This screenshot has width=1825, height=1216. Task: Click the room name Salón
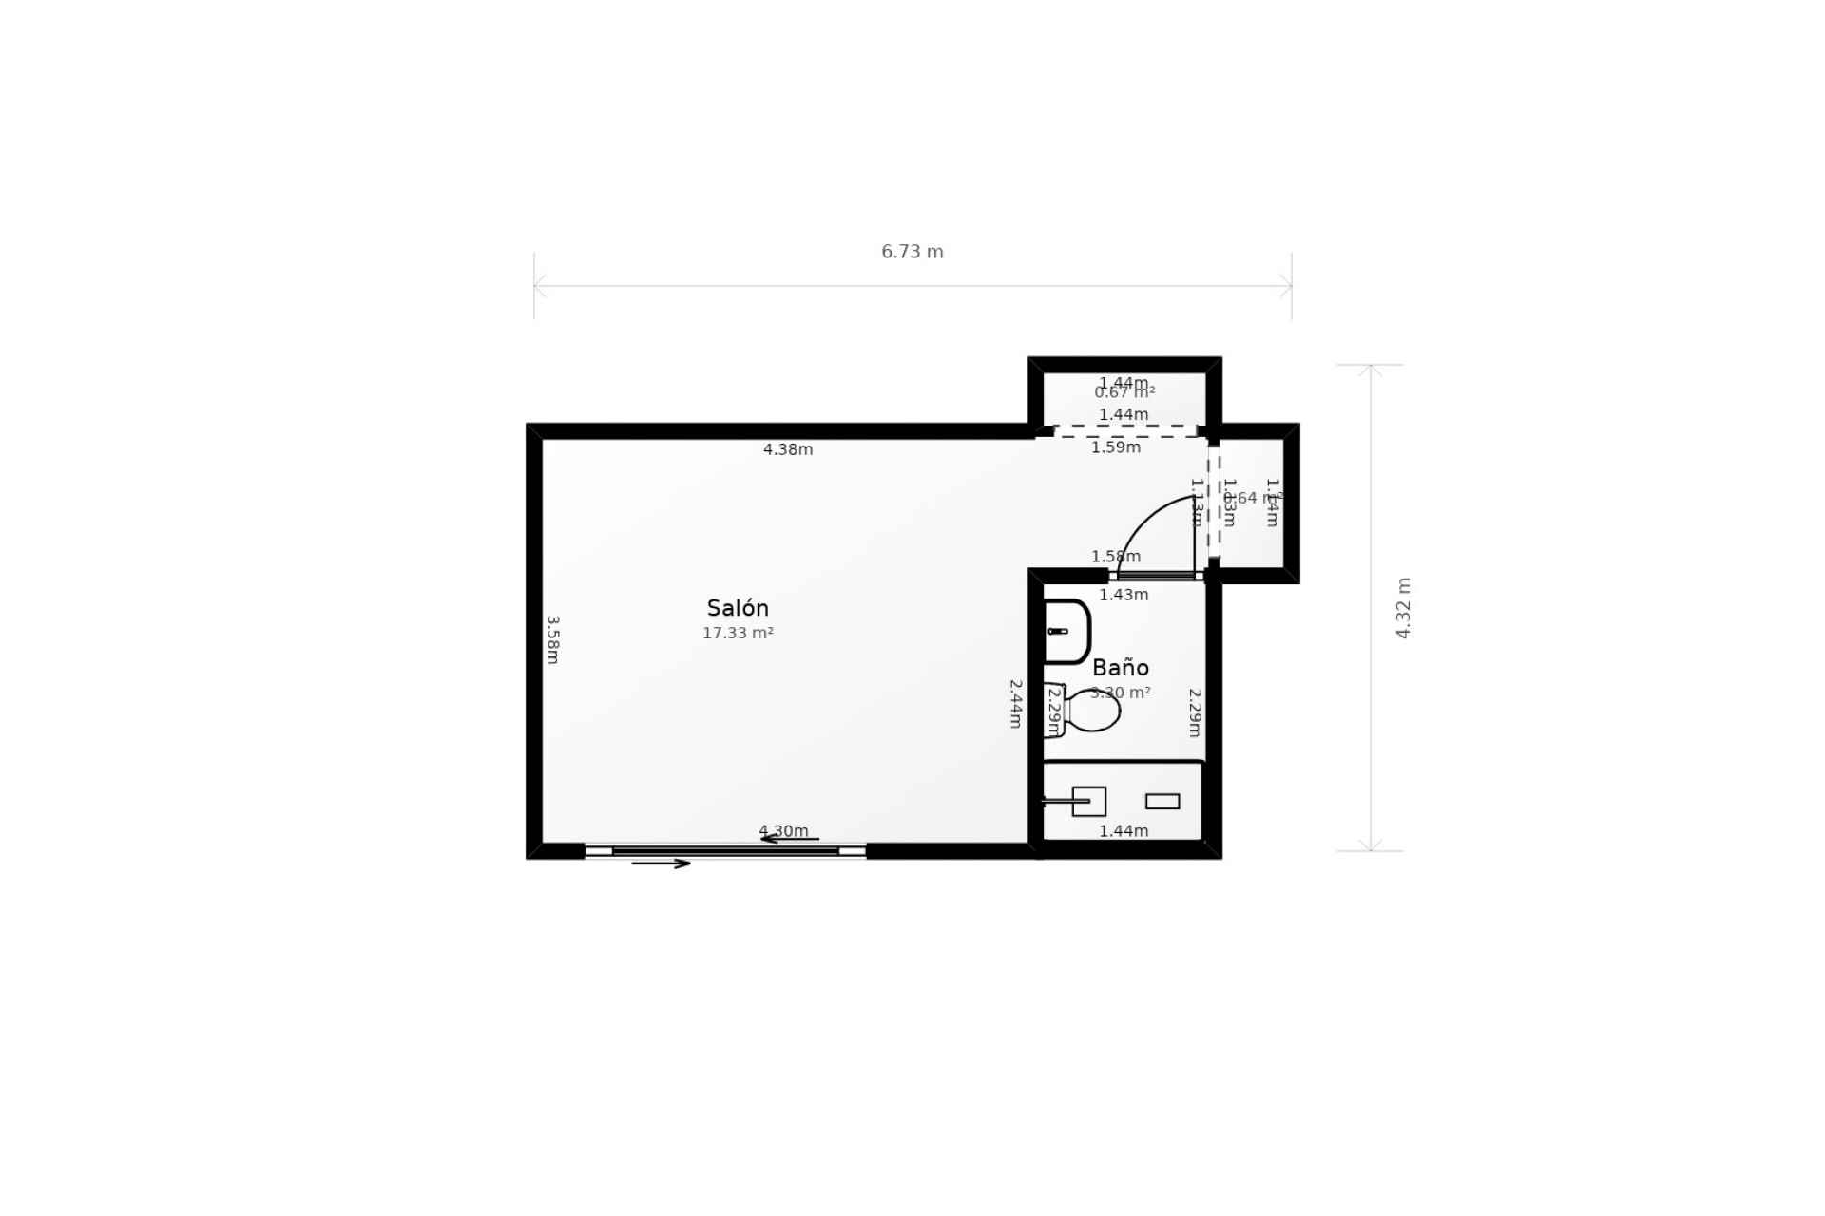click(x=738, y=608)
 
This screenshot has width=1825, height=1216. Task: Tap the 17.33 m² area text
click(x=738, y=633)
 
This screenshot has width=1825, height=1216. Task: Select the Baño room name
click(x=1121, y=667)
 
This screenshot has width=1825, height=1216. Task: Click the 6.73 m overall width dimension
click(x=912, y=252)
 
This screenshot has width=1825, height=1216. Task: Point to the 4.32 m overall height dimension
click(x=1403, y=608)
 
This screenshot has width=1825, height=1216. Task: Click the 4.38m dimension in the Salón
click(x=788, y=449)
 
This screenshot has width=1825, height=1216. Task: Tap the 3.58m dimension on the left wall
click(x=553, y=639)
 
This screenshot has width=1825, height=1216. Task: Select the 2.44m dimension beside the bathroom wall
click(x=1015, y=703)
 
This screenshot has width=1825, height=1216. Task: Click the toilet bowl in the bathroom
click(x=1093, y=711)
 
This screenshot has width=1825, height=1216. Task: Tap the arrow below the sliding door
click(x=661, y=864)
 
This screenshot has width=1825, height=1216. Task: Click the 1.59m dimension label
click(x=1116, y=447)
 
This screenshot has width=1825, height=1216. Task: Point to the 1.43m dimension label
click(x=1124, y=595)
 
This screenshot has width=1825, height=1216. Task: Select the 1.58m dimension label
click(x=1116, y=557)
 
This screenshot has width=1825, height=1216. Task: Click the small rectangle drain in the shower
click(x=1162, y=802)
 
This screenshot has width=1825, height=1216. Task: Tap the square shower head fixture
click(x=1089, y=801)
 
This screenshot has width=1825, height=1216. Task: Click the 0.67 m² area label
click(x=1124, y=392)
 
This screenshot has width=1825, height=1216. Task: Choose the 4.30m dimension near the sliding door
click(x=783, y=831)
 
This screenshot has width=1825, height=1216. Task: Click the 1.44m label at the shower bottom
click(x=1124, y=831)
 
